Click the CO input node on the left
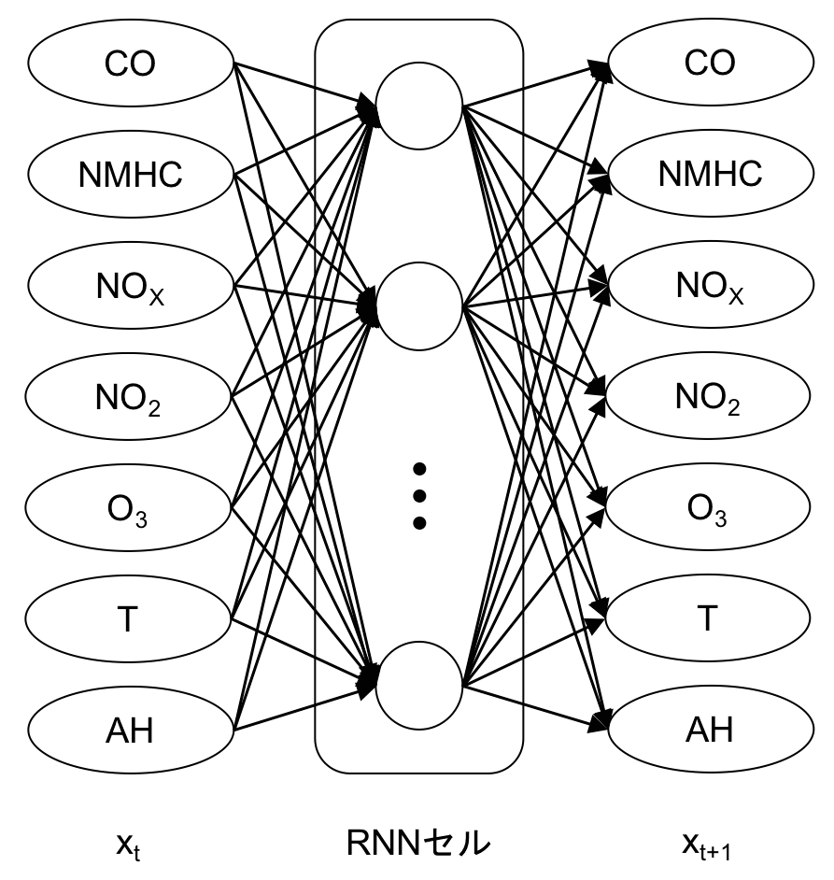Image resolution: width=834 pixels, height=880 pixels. [x=130, y=63]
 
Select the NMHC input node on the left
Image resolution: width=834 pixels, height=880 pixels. [x=130, y=174]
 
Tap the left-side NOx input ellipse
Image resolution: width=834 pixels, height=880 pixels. [x=130, y=286]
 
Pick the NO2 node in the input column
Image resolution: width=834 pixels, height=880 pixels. [x=128, y=396]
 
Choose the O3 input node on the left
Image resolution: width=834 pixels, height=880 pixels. [x=128, y=507]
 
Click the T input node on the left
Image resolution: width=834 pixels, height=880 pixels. [x=128, y=618]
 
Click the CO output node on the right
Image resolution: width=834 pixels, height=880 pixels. [x=711, y=62]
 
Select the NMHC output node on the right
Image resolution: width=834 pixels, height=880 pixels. [x=711, y=173]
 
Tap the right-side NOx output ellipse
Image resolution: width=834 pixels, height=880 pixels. [x=711, y=285]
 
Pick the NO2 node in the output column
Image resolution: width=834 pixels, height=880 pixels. [x=708, y=396]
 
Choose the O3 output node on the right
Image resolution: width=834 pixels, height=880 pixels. [x=708, y=506]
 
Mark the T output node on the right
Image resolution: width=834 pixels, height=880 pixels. [x=708, y=617]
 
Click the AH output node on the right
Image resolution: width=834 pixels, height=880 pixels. [x=711, y=729]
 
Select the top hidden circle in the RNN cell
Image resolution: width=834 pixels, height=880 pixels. [x=419, y=106]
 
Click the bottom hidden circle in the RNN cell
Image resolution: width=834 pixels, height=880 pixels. [x=419, y=686]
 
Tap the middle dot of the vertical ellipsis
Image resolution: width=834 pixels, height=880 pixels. [x=419, y=495]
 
